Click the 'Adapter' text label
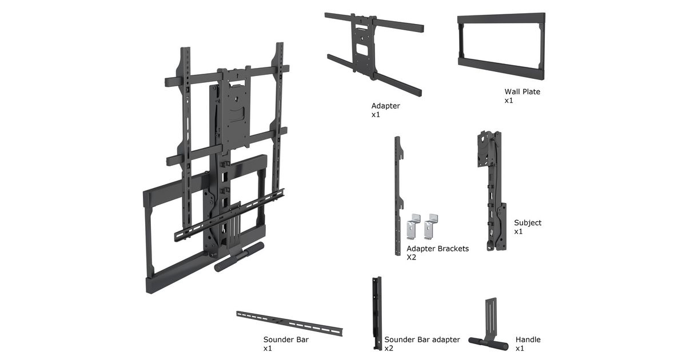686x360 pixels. point(386,106)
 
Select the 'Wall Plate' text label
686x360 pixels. point(522,91)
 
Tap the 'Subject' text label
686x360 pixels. point(527,223)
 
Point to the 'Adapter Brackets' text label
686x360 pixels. point(437,249)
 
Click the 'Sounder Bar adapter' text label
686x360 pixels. point(422,339)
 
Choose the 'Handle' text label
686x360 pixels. point(528,339)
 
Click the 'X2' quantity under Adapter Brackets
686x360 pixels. point(412,257)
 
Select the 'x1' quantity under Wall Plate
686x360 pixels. point(509,101)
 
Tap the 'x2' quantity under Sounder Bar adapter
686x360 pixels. point(389,348)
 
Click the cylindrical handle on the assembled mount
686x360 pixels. point(239,257)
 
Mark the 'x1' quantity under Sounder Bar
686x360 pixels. point(268,348)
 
